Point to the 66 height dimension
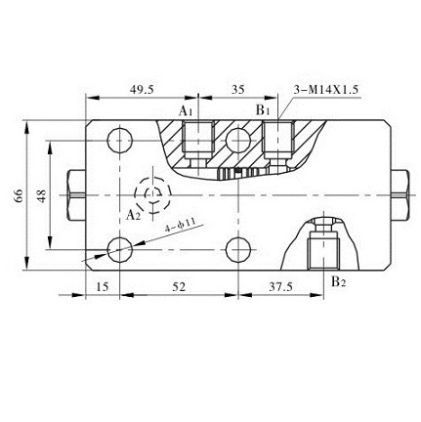tap(19, 196)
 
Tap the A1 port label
tap(186, 112)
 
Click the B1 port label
tap(263, 111)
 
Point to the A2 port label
tap(134, 214)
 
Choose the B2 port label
tap(337, 283)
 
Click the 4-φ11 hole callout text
tap(181, 227)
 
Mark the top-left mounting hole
tap(120, 139)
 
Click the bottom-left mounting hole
tap(120, 247)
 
